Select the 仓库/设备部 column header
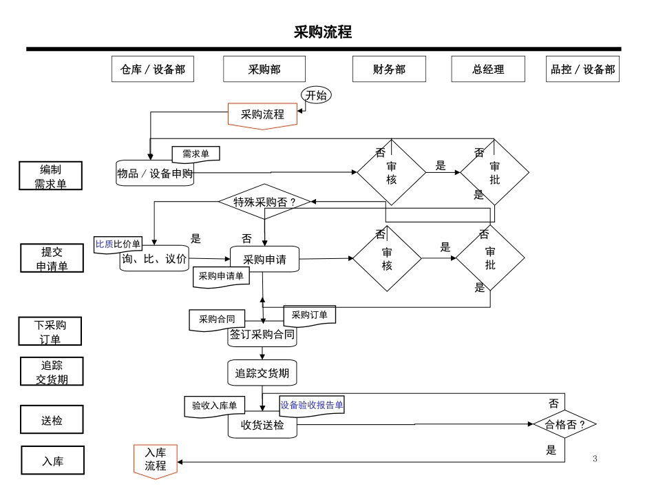pos(153,70)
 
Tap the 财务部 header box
pos(389,70)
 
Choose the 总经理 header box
pos(488,70)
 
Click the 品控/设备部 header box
pos(582,70)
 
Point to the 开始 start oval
pos(316,96)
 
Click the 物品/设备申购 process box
pos(155,174)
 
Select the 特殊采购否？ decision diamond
pos(264,202)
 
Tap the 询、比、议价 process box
pos(154,260)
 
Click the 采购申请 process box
pos(264,260)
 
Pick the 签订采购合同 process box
pos(262,335)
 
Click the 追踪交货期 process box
pos(262,373)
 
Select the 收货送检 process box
pos(262,426)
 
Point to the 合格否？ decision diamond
pos(565,424)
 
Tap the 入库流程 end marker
pos(155,459)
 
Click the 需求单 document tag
pos(196,154)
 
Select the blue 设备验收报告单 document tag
pos(312,406)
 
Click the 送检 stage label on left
pos(52,420)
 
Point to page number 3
pos(595,459)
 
